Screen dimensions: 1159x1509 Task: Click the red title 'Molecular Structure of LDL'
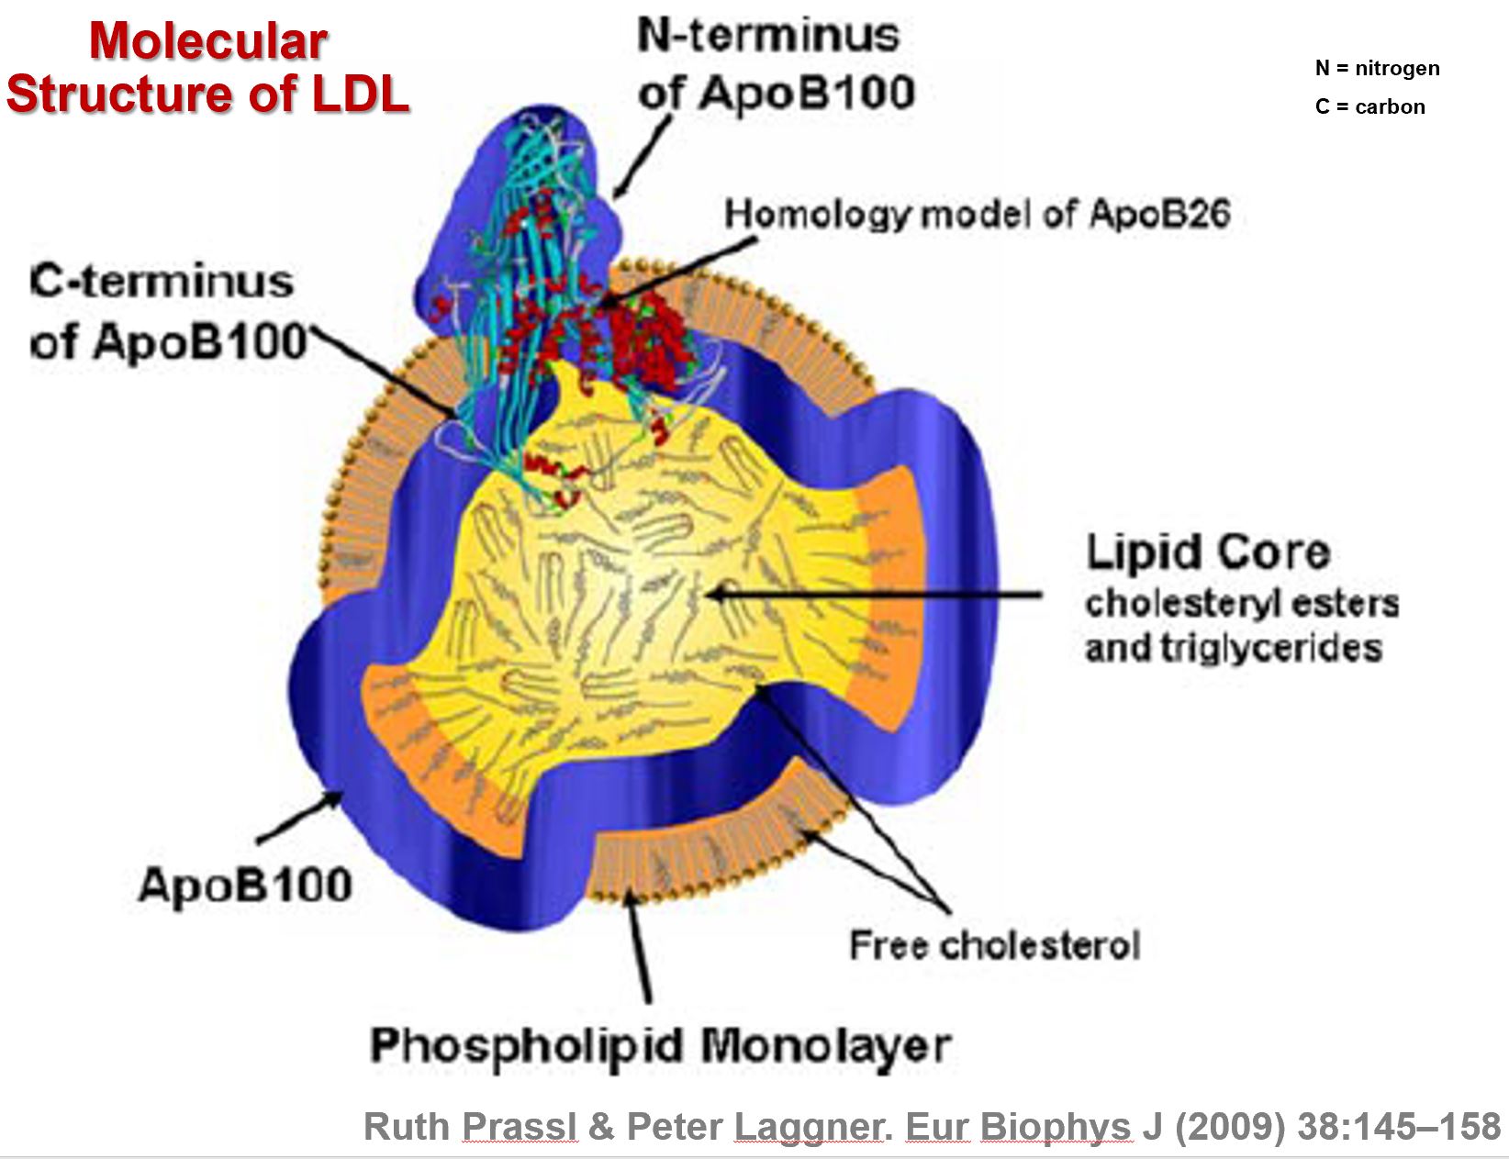click(x=207, y=68)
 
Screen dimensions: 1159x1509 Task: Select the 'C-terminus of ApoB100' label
click(x=165, y=311)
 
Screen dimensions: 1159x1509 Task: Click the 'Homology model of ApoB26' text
click(x=977, y=214)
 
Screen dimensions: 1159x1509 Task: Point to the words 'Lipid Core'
click(x=1207, y=552)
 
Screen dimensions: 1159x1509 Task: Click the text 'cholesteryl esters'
click(x=1241, y=603)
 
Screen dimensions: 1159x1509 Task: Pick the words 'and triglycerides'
click(x=1233, y=648)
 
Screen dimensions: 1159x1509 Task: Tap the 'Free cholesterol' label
click(x=994, y=945)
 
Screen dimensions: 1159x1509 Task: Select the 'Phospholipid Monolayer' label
click(x=659, y=1045)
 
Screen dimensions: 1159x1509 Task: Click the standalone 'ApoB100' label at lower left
click(x=244, y=886)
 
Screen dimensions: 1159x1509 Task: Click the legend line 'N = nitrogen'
click(x=1377, y=68)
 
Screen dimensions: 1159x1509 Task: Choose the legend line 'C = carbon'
click(x=1369, y=106)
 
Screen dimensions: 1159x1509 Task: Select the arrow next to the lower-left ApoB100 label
click(x=298, y=819)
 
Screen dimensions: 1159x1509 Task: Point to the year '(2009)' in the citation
click(x=1229, y=1126)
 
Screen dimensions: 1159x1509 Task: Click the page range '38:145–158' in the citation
click(x=1399, y=1126)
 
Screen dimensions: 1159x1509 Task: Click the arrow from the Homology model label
click(x=679, y=272)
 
